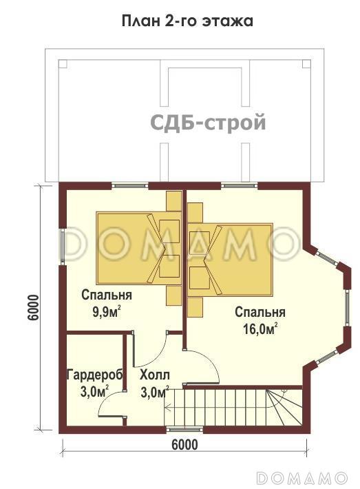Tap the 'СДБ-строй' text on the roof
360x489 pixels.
coord(208,123)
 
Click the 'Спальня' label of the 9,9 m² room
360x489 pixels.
coord(107,295)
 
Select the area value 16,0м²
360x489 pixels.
coord(260,329)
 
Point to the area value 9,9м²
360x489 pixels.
coord(107,311)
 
